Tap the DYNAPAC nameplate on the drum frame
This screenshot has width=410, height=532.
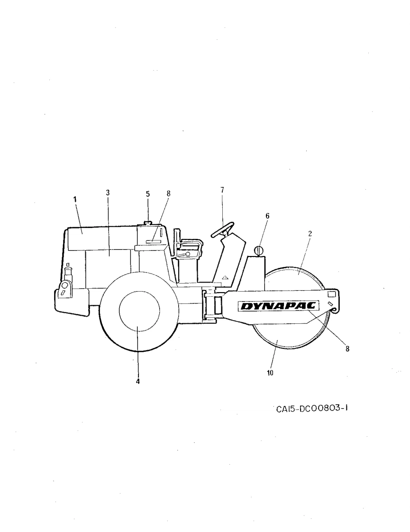(x=279, y=307)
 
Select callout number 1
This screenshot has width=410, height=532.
(x=74, y=200)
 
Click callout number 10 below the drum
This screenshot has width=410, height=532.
(x=270, y=373)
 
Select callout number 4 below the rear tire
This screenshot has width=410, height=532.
(x=138, y=381)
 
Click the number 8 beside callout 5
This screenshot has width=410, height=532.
(x=168, y=193)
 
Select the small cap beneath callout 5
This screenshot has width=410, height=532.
(x=147, y=223)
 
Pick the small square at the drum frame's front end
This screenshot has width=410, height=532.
(x=331, y=294)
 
